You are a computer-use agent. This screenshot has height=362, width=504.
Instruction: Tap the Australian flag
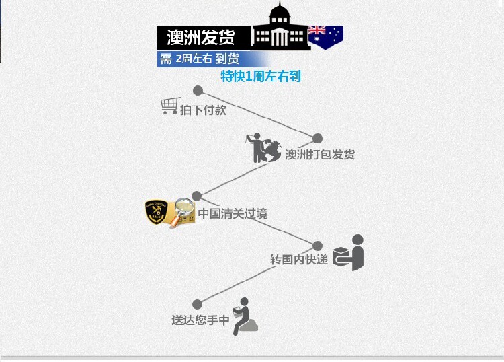click(x=326, y=37)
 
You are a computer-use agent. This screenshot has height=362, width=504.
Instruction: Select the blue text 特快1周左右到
click(x=261, y=77)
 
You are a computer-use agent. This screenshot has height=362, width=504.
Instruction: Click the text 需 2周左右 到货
click(x=199, y=59)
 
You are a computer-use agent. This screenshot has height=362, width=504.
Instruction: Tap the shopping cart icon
click(x=170, y=106)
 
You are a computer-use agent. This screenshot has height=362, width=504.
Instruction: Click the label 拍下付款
click(x=203, y=110)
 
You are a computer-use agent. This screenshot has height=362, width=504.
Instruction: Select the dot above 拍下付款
click(x=198, y=90)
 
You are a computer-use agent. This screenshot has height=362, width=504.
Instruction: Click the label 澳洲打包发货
click(x=320, y=155)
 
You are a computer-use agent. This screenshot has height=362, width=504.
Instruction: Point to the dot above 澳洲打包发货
click(x=317, y=139)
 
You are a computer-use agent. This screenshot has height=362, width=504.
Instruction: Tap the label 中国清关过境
click(x=233, y=214)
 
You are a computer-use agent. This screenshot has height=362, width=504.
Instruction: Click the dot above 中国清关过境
click(x=196, y=196)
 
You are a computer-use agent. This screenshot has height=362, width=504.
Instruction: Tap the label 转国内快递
click(x=299, y=259)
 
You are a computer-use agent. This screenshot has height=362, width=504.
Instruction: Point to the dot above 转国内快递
click(x=317, y=246)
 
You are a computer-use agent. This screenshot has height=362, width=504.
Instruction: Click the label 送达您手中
click(x=200, y=320)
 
